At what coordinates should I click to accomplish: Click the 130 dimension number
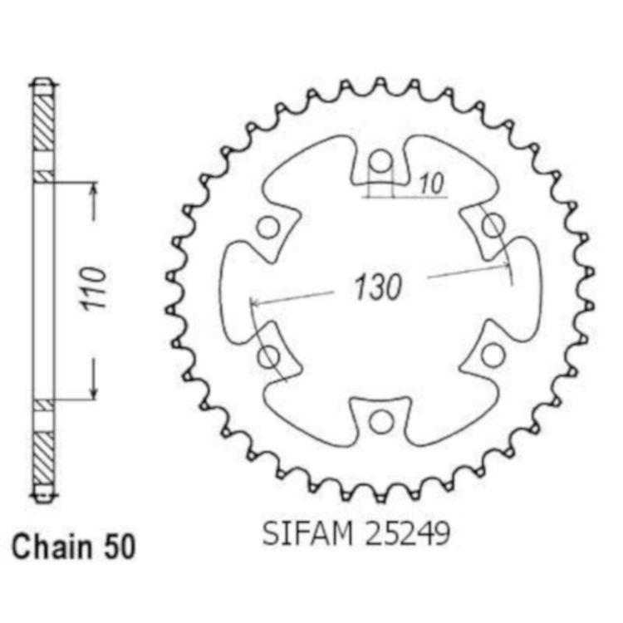[378, 287]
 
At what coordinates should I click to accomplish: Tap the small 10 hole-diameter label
[431, 184]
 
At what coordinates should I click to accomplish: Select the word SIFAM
[307, 533]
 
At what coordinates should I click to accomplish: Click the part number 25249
[407, 533]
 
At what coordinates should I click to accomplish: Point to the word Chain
[52, 547]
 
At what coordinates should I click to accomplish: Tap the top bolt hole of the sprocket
[381, 162]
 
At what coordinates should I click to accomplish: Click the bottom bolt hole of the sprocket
[381, 421]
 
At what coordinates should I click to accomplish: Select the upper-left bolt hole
[268, 228]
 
